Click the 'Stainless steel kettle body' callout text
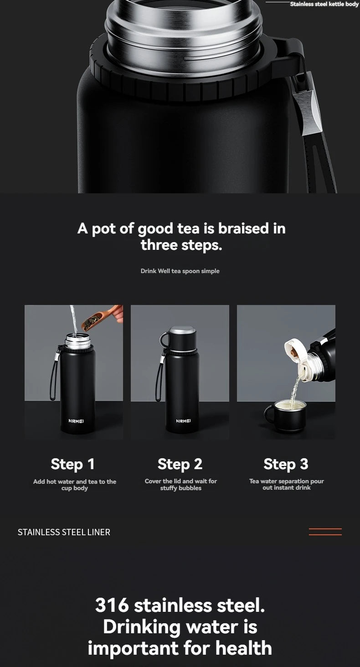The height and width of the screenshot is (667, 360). pos(324,4)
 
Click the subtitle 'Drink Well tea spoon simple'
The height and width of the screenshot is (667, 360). pos(180,271)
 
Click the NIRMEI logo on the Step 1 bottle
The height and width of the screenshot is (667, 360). pos(76,420)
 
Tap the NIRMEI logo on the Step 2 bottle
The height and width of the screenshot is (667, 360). pos(183,420)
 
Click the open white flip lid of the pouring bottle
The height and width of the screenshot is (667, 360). pos(295,353)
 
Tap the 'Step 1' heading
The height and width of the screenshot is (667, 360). pos(73,464)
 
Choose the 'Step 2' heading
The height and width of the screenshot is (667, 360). pos(180,464)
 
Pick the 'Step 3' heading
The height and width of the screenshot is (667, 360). pos(286,464)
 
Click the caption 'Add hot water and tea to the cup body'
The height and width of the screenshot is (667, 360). pos(74,485)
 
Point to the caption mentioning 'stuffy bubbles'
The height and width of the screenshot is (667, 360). pos(180,485)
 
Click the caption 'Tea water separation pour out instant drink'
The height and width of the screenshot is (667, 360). pos(286,484)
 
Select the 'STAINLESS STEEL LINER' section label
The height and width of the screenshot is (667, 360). pos(64,532)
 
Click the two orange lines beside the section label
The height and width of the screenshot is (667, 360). pos(325,532)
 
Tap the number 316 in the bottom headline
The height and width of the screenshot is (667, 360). pos(112,605)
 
